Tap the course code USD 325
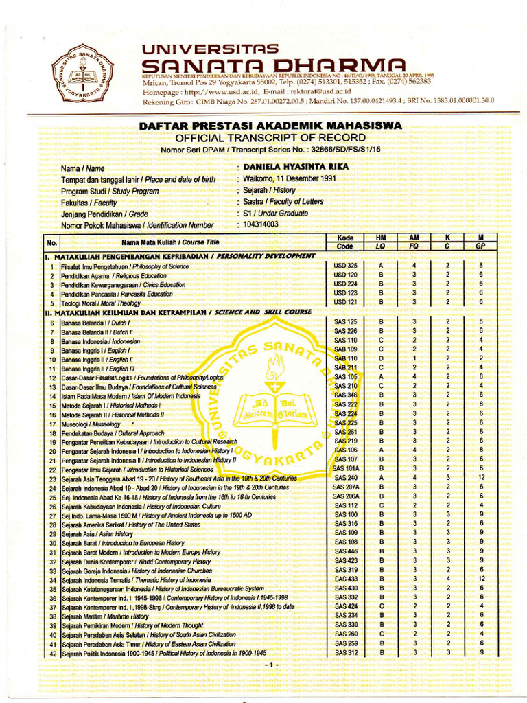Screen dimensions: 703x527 (x=345, y=266)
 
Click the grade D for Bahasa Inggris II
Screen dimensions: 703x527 (x=380, y=358)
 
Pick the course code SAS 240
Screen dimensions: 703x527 (x=345, y=478)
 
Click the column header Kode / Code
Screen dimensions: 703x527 (x=345, y=242)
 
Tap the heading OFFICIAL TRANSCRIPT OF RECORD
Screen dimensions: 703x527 (x=270, y=138)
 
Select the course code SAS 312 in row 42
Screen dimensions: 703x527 (x=345, y=653)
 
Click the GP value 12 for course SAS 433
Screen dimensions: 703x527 (x=482, y=579)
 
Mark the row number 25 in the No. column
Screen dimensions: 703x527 (x=52, y=496)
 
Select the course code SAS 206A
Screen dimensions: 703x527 (x=345, y=496)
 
